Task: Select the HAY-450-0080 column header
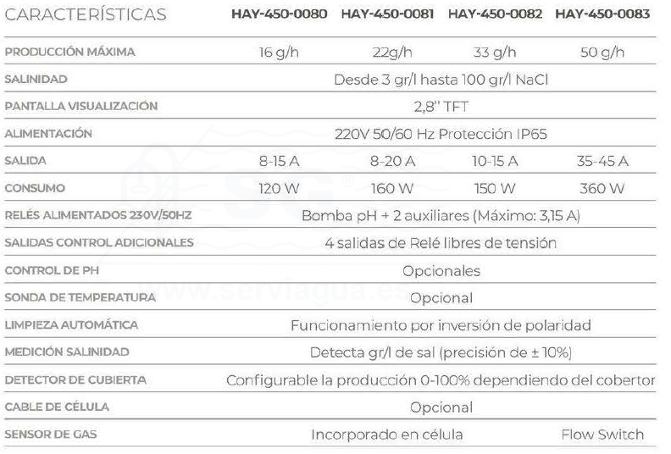pyautogui.click(x=279, y=14)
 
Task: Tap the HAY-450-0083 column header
pyautogui.click(x=602, y=14)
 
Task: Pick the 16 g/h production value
pyautogui.click(x=279, y=53)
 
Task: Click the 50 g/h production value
pyautogui.click(x=602, y=53)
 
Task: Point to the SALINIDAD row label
pyautogui.click(x=36, y=79)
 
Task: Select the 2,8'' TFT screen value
pyautogui.click(x=441, y=107)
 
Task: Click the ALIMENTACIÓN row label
pyautogui.click(x=48, y=134)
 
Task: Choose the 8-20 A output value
pyautogui.click(x=392, y=161)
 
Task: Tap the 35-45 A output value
pyautogui.click(x=602, y=161)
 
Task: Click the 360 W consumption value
pyautogui.click(x=602, y=188)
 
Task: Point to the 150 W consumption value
pyautogui.click(x=495, y=188)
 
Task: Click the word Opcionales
pyautogui.click(x=441, y=271)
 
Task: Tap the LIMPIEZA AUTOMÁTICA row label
pyautogui.click(x=71, y=325)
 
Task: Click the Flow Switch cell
pyautogui.click(x=602, y=435)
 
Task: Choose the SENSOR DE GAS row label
pyautogui.click(x=51, y=435)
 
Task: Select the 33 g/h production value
pyautogui.click(x=495, y=53)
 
